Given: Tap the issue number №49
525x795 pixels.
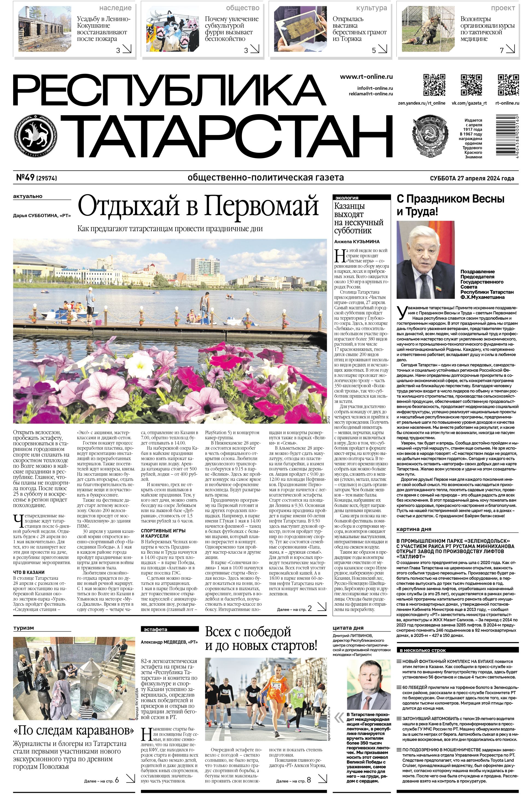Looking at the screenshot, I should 25,178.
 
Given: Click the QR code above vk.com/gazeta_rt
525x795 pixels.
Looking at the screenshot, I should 471,85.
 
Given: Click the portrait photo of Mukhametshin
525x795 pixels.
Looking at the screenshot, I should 425,260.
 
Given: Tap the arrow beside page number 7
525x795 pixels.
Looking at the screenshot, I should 511,50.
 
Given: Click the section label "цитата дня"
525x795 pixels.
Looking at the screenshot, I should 348,628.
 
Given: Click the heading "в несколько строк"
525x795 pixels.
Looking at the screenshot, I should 421,650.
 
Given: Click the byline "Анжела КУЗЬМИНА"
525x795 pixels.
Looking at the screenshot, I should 357,241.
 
